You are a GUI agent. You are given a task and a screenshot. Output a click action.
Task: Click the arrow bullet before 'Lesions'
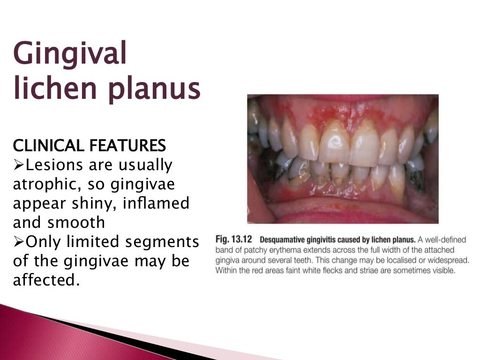[19, 165]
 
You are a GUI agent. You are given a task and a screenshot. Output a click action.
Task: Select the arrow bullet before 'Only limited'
[19, 241]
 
